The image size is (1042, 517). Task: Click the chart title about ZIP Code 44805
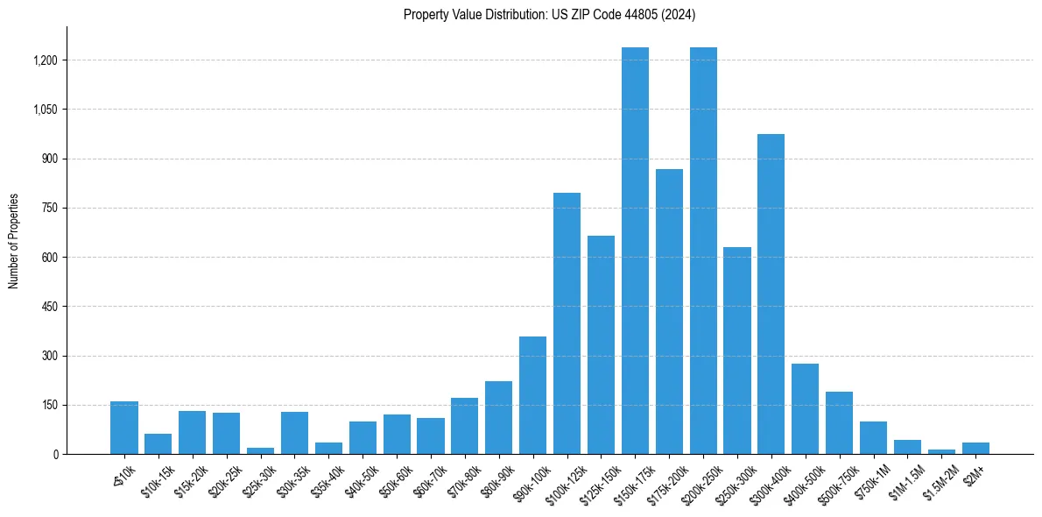click(549, 14)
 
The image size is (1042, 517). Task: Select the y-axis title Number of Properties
click(14, 241)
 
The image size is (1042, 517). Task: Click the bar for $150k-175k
click(635, 251)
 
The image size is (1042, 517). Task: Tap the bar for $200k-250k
click(703, 251)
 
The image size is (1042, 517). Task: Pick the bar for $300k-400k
click(771, 294)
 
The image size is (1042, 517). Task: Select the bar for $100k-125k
click(567, 323)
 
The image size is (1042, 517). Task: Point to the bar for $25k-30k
click(260, 450)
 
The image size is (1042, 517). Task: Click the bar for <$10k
click(124, 428)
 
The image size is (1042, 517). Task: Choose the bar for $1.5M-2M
click(941, 451)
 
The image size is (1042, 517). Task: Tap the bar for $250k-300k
click(737, 351)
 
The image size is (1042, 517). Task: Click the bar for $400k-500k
click(805, 408)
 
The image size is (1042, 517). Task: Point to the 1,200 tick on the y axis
click(45, 60)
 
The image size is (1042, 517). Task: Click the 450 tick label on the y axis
click(48, 307)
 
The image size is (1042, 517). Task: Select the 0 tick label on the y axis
click(54, 454)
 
